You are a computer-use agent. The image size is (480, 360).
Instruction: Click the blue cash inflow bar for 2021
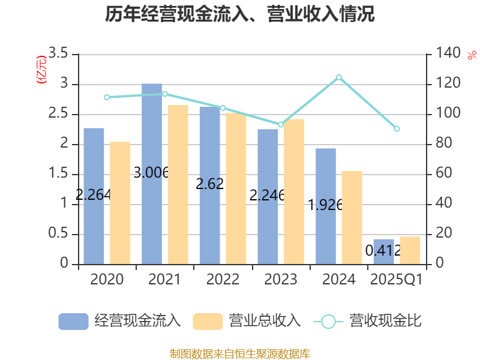coord(152,173)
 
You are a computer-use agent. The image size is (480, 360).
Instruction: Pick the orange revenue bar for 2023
coord(294,191)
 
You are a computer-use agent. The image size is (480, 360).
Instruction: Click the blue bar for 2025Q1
coord(384,251)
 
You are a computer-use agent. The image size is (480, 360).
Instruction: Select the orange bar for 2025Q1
coord(410,250)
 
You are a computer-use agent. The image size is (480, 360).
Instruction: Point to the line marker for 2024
coord(338,77)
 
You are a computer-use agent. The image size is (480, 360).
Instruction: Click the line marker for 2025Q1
coord(397,129)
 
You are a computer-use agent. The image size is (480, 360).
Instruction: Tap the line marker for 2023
coord(280,124)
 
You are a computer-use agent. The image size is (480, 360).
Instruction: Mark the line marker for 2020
coord(107,97)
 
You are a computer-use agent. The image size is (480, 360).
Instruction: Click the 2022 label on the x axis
coord(223,280)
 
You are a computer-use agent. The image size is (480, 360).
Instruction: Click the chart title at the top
coord(240,14)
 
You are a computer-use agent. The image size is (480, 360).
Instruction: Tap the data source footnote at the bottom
coord(240,353)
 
